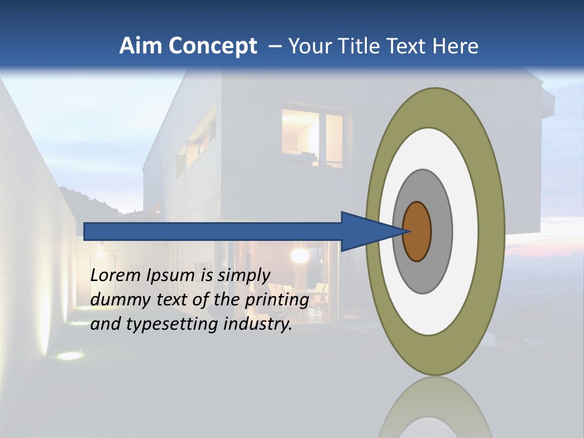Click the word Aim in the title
pyautogui.click(x=141, y=46)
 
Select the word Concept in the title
pyautogui.click(x=212, y=46)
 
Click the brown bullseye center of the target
pyautogui.click(x=417, y=232)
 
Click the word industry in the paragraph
pyautogui.click(x=258, y=324)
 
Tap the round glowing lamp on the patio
pyautogui.click(x=299, y=255)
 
